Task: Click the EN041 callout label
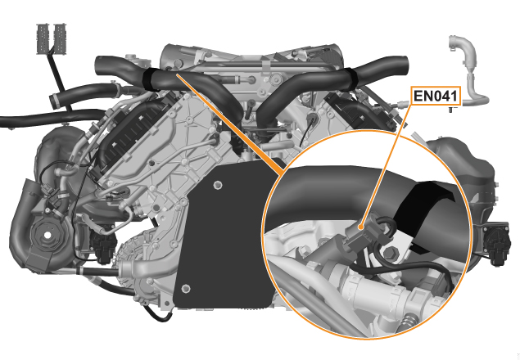coord(436,96)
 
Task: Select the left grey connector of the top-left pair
coord(43,38)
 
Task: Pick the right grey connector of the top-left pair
coord(60,38)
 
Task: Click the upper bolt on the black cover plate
coord(218,185)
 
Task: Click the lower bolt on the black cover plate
coord(186,288)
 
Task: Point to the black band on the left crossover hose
coord(151,79)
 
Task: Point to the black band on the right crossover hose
coord(350,79)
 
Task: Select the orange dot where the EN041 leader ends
coord(361,227)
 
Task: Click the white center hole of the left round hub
coord(48,235)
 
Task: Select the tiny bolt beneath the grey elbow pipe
coord(451,109)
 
